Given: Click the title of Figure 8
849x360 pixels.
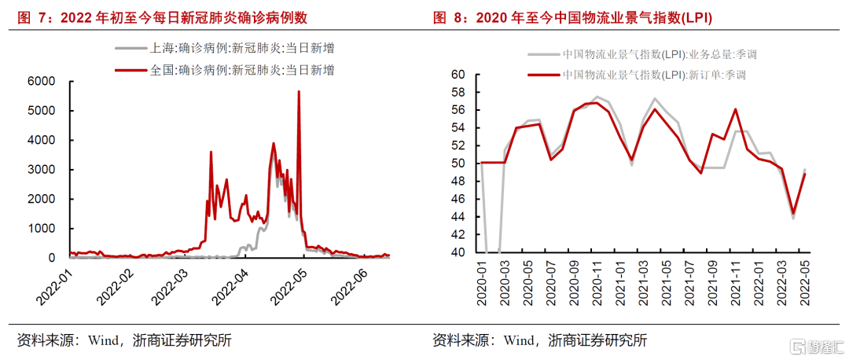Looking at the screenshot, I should coord(578,17).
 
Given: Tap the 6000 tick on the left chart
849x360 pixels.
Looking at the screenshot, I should coord(41,81).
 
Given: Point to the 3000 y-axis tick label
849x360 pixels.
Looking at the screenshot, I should coord(41,170).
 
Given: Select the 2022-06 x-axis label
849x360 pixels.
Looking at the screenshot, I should coord(348,288).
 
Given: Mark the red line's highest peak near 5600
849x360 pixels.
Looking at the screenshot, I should coord(299,92).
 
